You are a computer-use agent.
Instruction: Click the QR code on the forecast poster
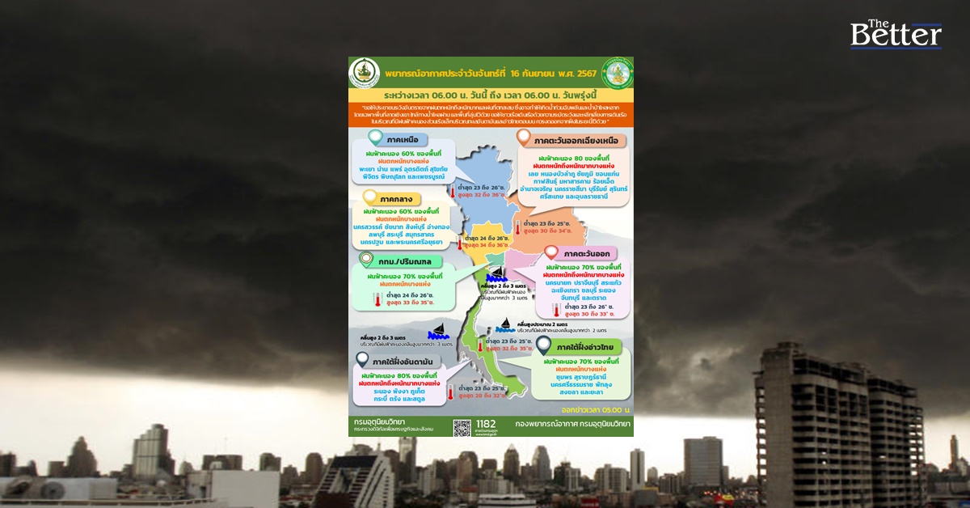[462, 428]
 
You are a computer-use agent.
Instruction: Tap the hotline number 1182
[487, 424]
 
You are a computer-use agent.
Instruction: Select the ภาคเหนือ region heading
[407, 140]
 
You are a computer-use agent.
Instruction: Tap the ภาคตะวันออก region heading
[588, 253]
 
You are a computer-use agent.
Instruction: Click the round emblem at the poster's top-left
[365, 73]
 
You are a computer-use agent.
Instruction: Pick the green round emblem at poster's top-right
[618, 72]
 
